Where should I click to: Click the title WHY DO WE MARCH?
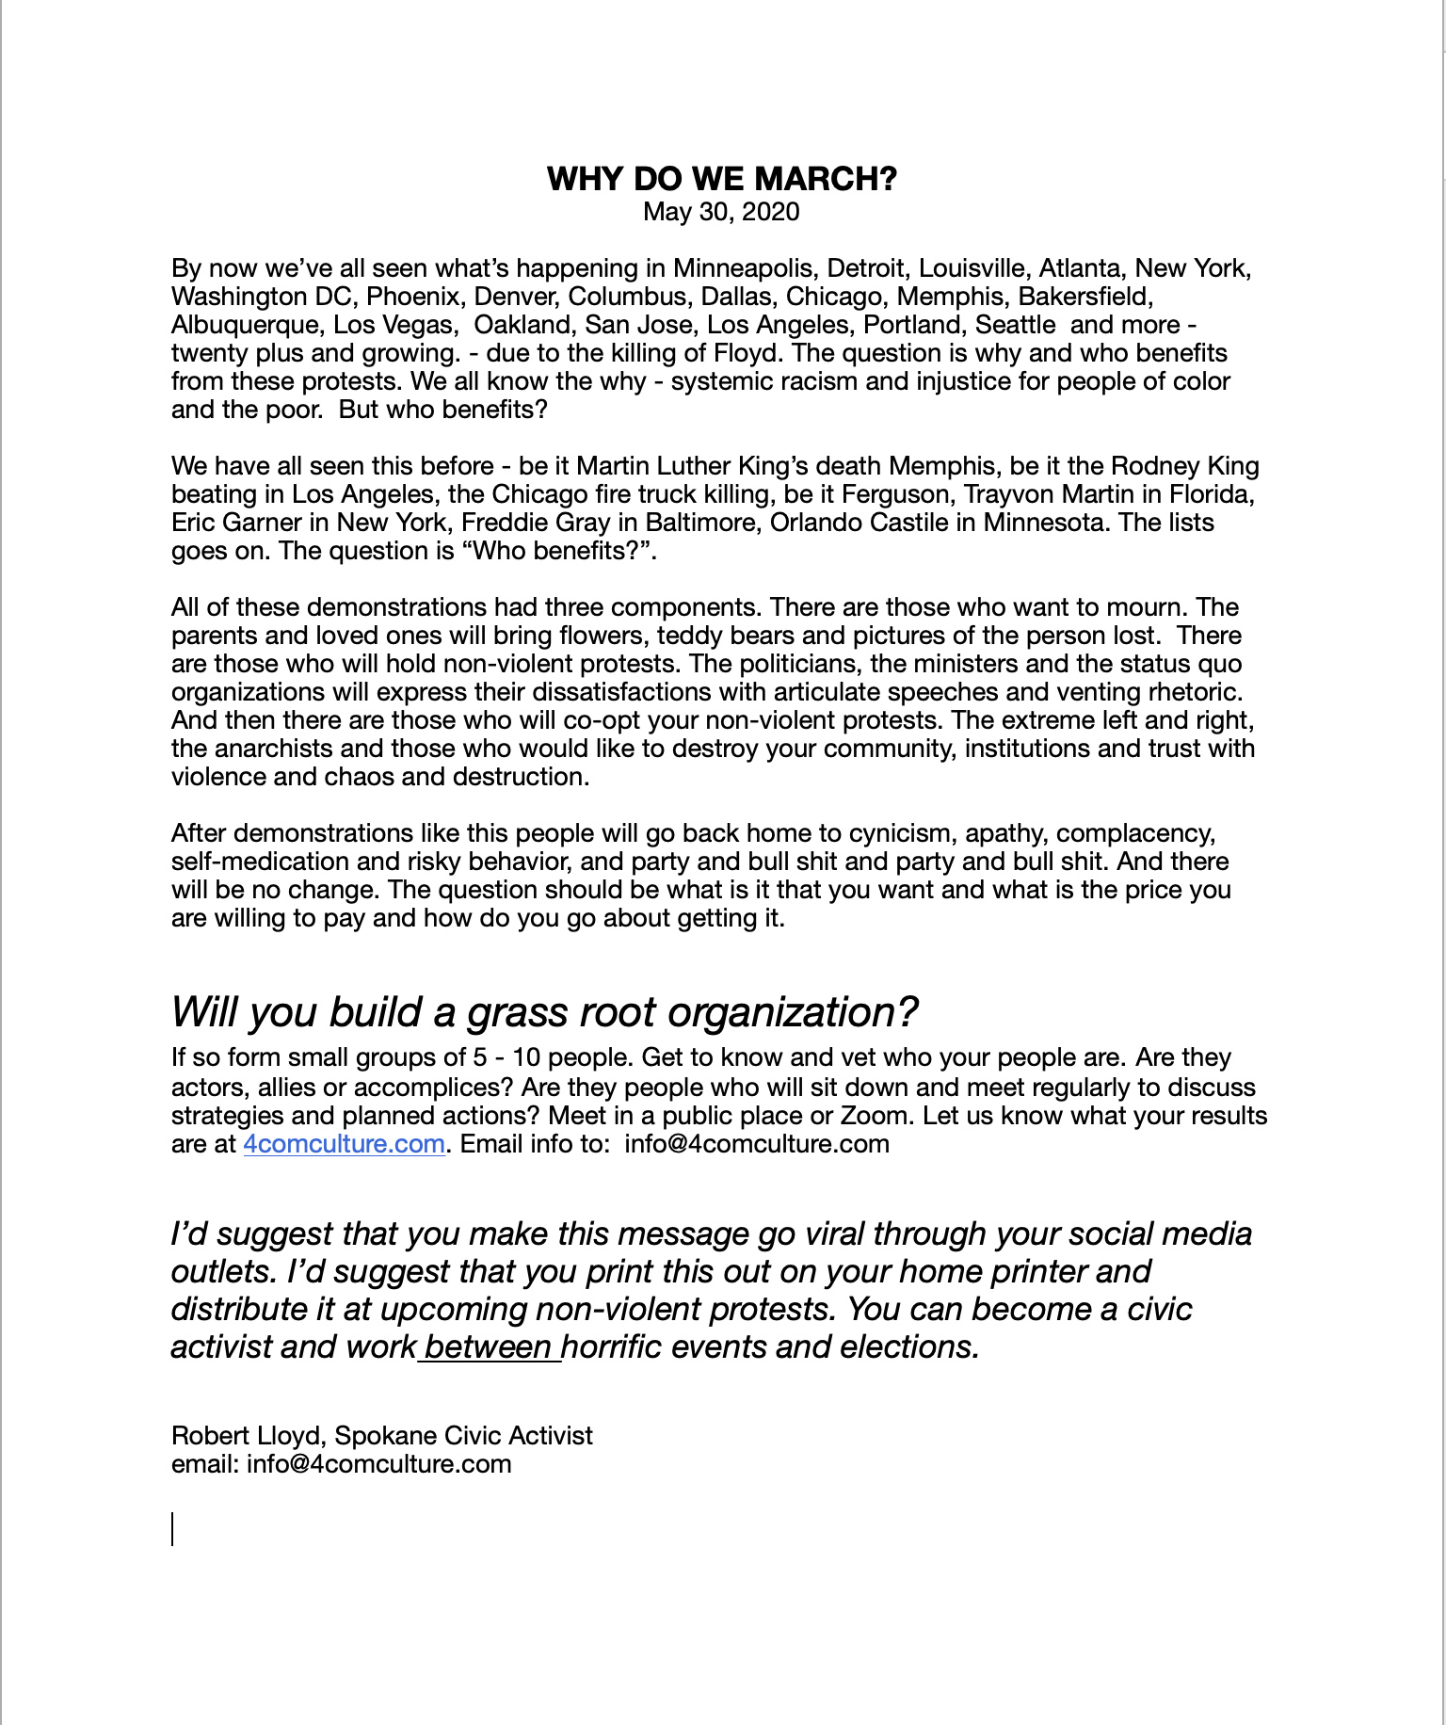pyautogui.click(x=722, y=178)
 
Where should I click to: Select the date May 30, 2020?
pyautogui.click(x=721, y=211)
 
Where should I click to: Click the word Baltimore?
pyautogui.click(x=681, y=523)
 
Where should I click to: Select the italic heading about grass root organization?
pyautogui.click(x=544, y=1012)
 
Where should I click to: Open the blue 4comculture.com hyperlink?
pyautogui.click(x=344, y=1144)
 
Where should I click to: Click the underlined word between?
pyautogui.click(x=489, y=1346)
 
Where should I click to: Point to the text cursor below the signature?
pyautogui.click(x=172, y=1529)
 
